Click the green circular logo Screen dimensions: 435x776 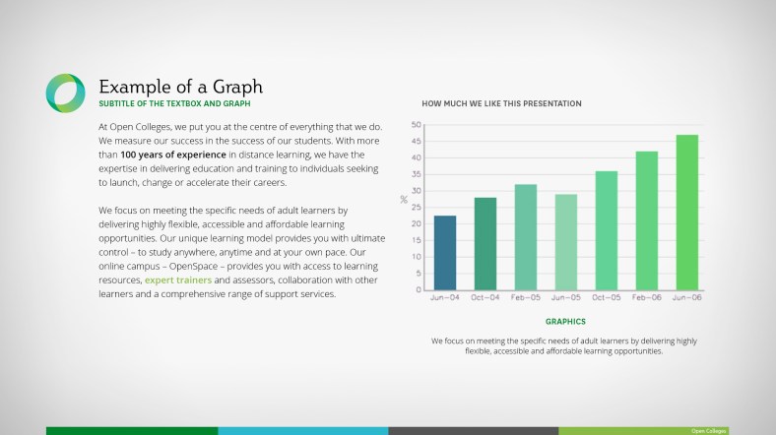pyautogui.click(x=65, y=93)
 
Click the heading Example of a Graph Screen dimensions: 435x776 pyautogui.click(x=180, y=86)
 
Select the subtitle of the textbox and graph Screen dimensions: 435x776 pyautogui.click(x=174, y=103)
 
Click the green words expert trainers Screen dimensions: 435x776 pyautogui.click(x=178, y=280)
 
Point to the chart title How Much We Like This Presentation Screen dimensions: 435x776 pyautogui.click(x=501, y=103)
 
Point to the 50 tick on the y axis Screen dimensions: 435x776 pyautogui.click(x=416, y=125)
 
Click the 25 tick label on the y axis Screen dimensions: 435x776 pyautogui.click(x=416, y=207)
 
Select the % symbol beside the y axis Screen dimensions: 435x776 pyautogui.click(x=404, y=200)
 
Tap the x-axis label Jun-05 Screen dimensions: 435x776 pyautogui.click(x=566, y=297)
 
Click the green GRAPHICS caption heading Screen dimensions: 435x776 pyautogui.click(x=565, y=321)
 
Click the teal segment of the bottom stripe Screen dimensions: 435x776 pyautogui.click(x=302, y=430)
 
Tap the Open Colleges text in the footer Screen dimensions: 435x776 pyautogui.click(x=709, y=431)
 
